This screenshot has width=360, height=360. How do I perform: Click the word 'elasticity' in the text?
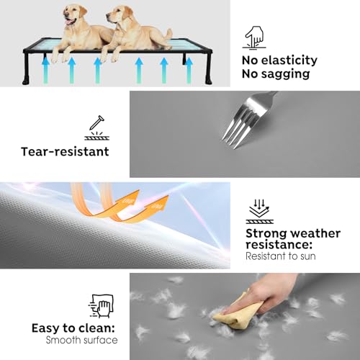(x=289, y=60)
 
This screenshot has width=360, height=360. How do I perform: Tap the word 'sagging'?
(x=286, y=74)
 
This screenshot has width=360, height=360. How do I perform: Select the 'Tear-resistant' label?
(x=65, y=152)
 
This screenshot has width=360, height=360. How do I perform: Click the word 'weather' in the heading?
(x=317, y=233)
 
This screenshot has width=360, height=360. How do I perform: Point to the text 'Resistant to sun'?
(x=281, y=256)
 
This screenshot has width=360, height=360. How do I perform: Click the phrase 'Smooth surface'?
(x=81, y=340)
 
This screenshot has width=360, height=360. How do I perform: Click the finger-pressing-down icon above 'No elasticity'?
(x=254, y=38)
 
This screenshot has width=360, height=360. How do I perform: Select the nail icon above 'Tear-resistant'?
(x=96, y=127)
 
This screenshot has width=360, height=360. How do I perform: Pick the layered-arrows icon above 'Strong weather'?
(x=260, y=212)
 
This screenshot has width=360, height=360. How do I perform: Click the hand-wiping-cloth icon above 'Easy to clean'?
(x=101, y=306)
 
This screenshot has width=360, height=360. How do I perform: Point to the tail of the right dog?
(x=168, y=34)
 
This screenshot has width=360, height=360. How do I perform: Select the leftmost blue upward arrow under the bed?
(x=45, y=71)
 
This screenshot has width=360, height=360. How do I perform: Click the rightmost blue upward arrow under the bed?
(x=189, y=71)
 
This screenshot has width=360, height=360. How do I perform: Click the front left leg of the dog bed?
(x=26, y=69)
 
